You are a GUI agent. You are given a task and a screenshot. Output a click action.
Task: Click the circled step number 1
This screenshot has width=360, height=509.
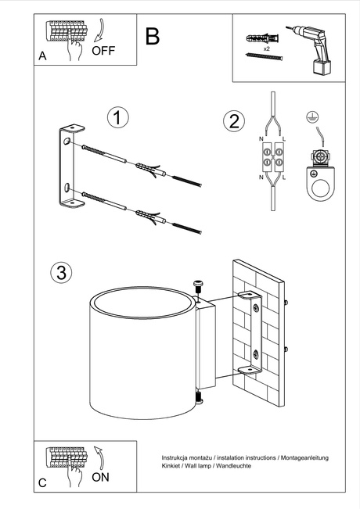(117, 118)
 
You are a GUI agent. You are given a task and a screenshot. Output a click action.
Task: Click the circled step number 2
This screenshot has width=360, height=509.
(232, 121)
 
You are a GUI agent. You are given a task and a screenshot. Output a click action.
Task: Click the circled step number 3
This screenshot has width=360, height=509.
(61, 272)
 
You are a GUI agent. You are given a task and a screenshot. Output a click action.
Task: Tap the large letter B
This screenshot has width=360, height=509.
(153, 36)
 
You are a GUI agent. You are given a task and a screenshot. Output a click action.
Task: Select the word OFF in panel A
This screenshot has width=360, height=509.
(103, 52)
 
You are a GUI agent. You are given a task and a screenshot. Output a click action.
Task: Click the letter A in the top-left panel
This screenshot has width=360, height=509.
(42, 56)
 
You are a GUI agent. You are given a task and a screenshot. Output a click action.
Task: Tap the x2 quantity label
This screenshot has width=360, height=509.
(266, 48)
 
